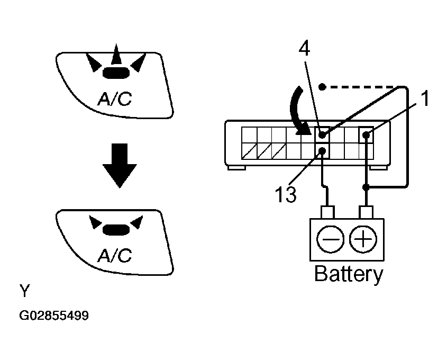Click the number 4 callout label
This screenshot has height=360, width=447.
click(304, 49)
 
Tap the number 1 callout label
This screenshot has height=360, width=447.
click(425, 98)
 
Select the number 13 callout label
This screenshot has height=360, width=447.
click(285, 194)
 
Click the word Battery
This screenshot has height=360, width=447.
click(349, 274)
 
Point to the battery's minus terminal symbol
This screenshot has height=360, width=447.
click(331, 239)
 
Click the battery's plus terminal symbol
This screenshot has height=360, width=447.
click(363, 239)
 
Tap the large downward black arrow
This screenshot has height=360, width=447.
click(120, 166)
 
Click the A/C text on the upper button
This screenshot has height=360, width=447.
click(115, 98)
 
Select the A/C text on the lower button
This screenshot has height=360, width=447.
click(115, 255)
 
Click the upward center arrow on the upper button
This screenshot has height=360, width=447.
click(116, 54)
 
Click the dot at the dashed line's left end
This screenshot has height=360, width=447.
click(322, 87)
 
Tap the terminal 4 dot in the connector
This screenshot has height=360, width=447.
click(322, 134)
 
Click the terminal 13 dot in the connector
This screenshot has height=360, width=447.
click(322, 150)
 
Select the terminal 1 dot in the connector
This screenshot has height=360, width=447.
click(366, 134)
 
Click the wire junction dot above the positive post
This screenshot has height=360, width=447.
click(366, 187)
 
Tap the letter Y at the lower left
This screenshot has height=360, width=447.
click(24, 291)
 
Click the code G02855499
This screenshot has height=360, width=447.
click(54, 316)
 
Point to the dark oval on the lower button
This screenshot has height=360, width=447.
click(116, 230)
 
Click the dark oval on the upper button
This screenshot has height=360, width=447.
click(116, 73)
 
